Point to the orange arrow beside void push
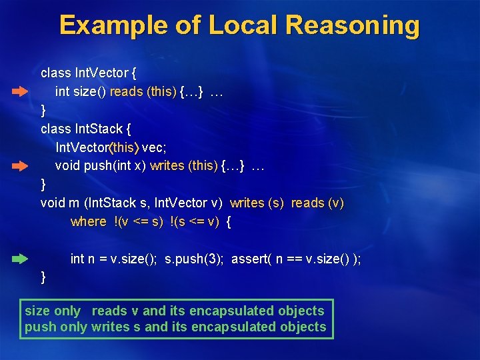20,164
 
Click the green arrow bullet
20,257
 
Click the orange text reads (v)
317,203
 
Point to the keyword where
88,221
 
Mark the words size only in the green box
53,311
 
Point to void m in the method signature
55,203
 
